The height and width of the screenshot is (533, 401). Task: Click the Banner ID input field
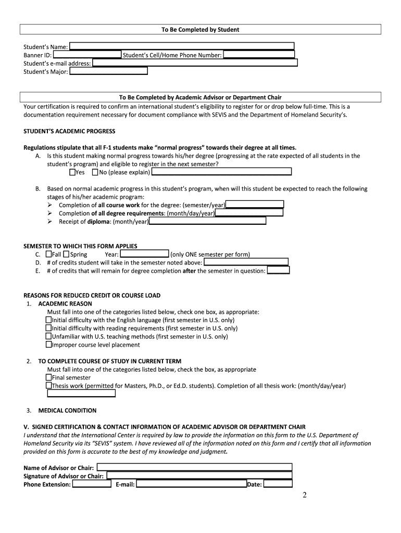[87, 55]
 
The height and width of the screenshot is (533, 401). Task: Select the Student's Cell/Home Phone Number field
[259, 55]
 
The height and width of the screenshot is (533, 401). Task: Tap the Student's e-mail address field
[195, 63]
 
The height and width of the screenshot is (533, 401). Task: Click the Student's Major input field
[108, 71]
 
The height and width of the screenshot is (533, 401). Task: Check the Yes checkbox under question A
[72, 172]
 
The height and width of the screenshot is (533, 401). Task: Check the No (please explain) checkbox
[95, 172]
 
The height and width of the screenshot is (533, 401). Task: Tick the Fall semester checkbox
[49, 255]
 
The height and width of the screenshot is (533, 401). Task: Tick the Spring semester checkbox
[67, 255]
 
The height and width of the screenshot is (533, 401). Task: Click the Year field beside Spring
[145, 255]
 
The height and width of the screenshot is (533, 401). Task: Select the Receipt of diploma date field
[207, 221]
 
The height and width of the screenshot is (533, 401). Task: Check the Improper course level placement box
[49, 345]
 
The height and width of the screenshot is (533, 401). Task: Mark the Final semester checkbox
[49, 377]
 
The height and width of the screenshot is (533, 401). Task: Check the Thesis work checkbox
[49, 386]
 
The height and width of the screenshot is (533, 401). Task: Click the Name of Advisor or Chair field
[194, 467]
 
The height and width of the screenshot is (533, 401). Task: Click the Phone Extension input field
[92, 484]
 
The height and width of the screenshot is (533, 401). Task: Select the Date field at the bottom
[278, 484]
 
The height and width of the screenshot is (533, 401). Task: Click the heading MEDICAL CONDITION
[67, 410]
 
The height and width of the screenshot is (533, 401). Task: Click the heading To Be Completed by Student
[200, 30]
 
